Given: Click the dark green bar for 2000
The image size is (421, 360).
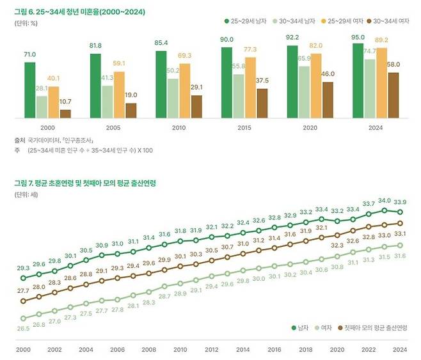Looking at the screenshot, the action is pos(30,90).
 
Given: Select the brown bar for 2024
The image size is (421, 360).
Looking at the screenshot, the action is pos(393,95).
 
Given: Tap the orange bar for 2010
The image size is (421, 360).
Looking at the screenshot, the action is pos(185,91).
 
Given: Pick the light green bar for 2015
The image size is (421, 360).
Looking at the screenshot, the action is pos(239,96).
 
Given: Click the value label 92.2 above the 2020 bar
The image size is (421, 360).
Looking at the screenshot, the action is pos(292,37).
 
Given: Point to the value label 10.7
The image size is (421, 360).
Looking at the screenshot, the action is pos(65,102).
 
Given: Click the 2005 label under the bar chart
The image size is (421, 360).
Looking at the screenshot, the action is pos(113,128).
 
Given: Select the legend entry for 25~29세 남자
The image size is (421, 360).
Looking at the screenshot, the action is pos(246,21).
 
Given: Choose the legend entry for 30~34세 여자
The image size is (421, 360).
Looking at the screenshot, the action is pos(388,21).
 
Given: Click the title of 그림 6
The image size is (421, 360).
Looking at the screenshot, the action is pos(80,12).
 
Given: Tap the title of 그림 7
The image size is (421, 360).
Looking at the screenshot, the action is pos(85,184).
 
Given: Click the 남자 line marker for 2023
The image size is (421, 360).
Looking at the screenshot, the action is pos(385,210).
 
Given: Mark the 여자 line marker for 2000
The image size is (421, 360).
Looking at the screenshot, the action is pos(23,318).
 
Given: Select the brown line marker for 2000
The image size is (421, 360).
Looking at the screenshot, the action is pos(23,301).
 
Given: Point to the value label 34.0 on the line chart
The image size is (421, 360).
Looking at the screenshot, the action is pos(385,200).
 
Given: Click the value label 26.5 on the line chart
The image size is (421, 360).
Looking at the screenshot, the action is pos(23,328).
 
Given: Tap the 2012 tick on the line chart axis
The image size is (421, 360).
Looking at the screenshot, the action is pos(212,350).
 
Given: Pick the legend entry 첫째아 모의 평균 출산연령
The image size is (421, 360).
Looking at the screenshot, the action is pos(373,328).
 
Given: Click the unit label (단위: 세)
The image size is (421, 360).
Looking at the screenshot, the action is pos(26,194).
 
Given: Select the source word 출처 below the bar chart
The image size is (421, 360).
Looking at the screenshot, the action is pos(19,140).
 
